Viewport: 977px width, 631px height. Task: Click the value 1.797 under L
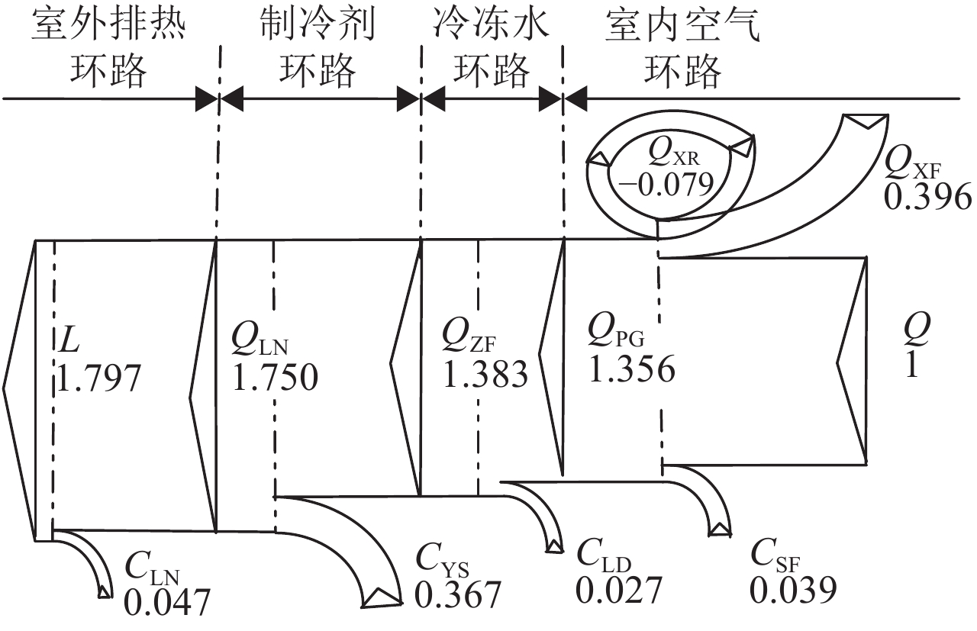(x=100, y=378)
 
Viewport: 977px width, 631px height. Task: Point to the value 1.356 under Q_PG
(x=632, y=370)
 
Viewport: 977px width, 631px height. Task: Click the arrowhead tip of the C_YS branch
(x=379, y=600)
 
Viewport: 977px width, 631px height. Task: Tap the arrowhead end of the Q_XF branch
(x=865, y=120)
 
